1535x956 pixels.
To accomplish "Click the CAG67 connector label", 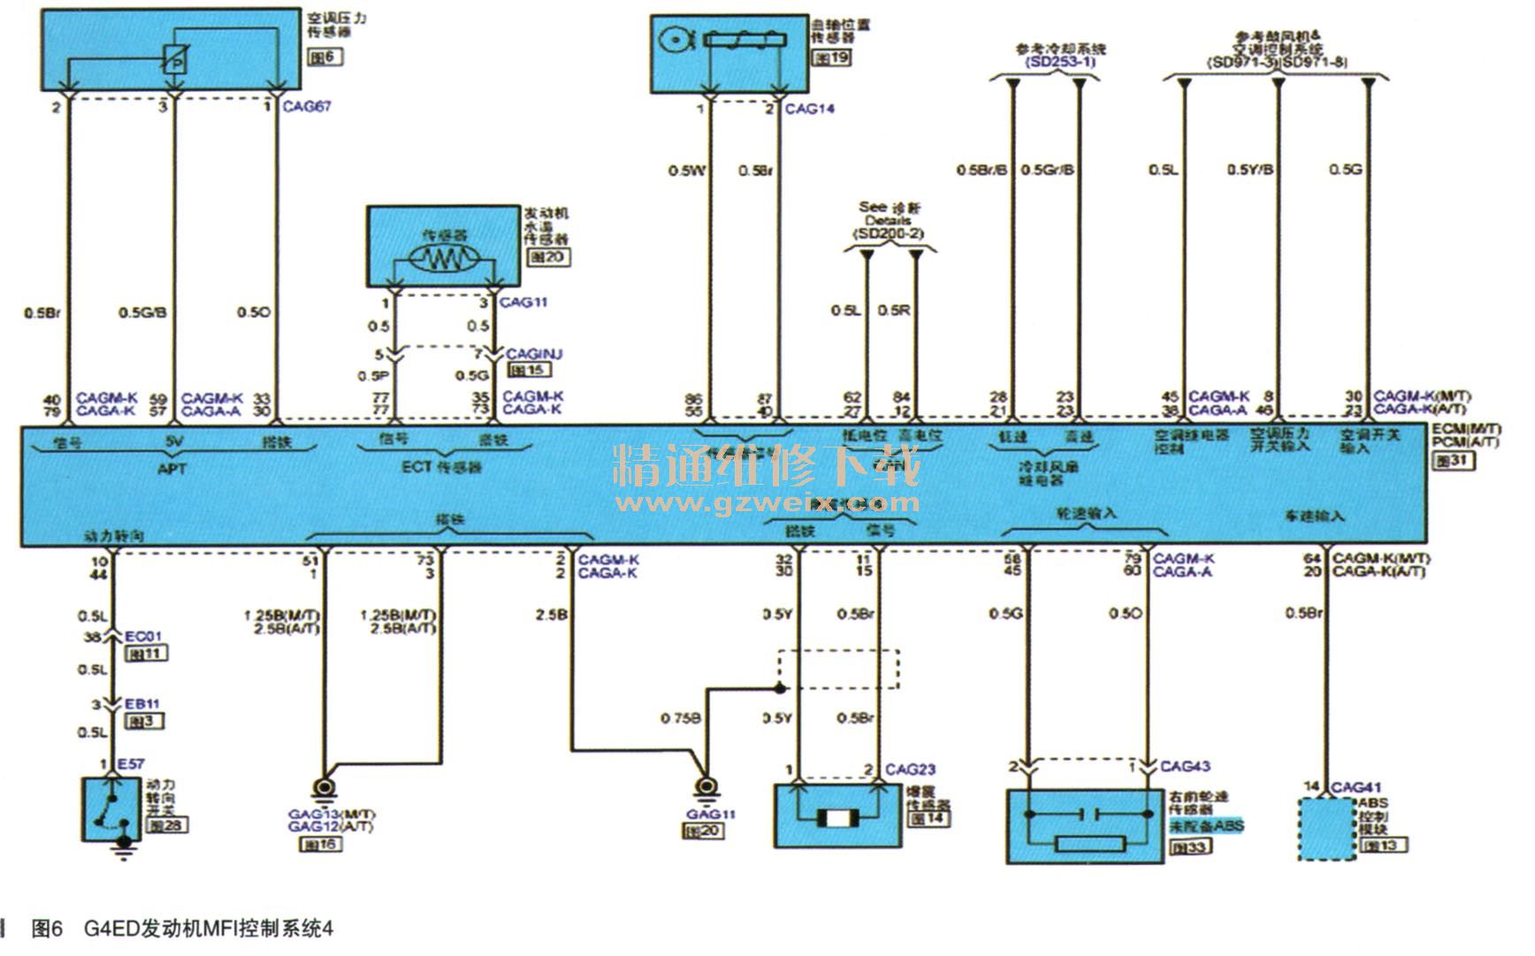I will (307, 106).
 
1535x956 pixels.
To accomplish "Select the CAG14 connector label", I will (809, 109).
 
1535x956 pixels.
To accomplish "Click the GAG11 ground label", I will (710, 814).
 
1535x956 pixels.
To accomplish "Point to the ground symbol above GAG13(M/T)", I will (324, 787).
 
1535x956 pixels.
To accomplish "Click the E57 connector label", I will (130, 764).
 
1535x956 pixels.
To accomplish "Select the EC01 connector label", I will (142, 637).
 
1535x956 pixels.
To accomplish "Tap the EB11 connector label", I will (141, 704).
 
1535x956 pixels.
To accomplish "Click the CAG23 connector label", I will (910, 769).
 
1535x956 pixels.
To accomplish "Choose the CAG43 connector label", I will (1185, 766).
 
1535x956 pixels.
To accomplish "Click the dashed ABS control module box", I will (1326, 829).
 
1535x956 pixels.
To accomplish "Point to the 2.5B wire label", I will (551, 615).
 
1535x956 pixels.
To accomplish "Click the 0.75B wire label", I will (680, 718).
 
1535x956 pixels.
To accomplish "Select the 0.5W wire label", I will (686, 170).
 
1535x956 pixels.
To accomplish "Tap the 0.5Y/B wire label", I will (1249, 169).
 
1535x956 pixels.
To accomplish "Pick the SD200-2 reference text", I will (889, 233).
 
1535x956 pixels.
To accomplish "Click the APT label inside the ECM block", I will (172, 468).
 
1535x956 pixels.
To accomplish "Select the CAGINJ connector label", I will (534, 354).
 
